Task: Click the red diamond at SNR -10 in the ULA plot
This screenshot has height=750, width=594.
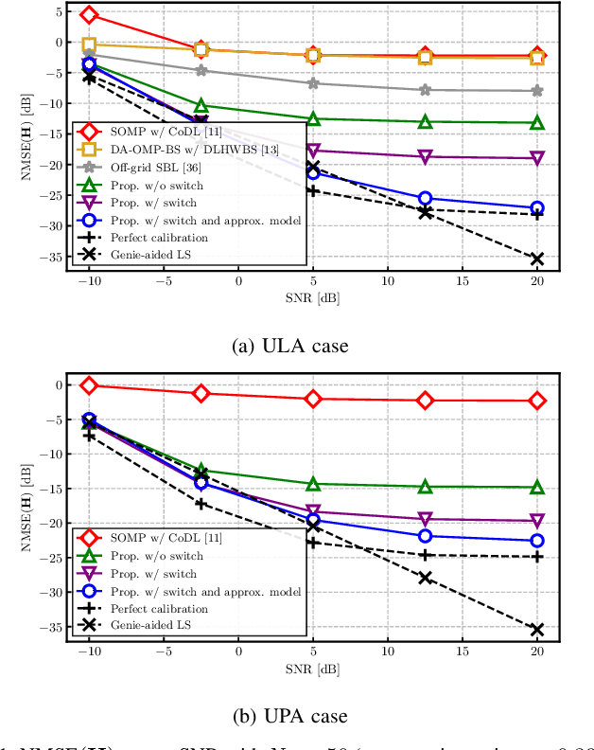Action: click(89, 14)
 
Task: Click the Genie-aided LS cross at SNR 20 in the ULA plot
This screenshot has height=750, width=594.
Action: click(537, 259)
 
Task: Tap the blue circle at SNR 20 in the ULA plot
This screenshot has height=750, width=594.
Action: click(537, 208)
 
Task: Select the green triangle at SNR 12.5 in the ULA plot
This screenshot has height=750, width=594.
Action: click(426, 121)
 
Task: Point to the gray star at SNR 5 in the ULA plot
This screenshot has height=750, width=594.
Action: click(313, 83)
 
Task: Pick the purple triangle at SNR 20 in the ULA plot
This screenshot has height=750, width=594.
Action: click(537, 158)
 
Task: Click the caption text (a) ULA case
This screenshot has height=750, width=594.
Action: click(291, 346)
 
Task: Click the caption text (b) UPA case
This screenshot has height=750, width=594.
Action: click(291, 715)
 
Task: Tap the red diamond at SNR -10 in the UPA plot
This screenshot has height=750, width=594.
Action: click(89, 384)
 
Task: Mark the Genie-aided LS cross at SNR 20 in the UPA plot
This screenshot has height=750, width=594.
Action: click(537, 629)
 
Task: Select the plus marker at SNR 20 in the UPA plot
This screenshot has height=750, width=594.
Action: click(537, 557)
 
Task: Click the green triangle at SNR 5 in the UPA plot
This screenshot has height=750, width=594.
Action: click(313, 484)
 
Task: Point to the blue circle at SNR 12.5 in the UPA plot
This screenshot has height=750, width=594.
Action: click(426, 536)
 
